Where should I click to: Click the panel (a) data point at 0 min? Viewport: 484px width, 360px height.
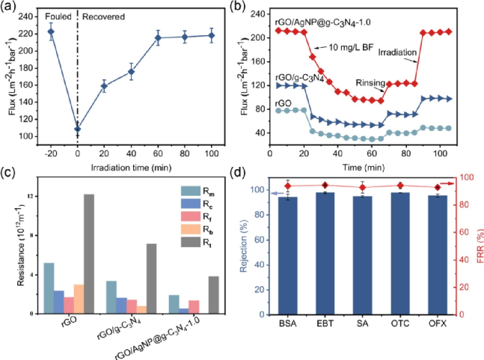tap(78, 129)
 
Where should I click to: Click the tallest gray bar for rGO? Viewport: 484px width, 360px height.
tap(89, 254)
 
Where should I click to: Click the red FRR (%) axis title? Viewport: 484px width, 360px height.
tap(476, 246)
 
